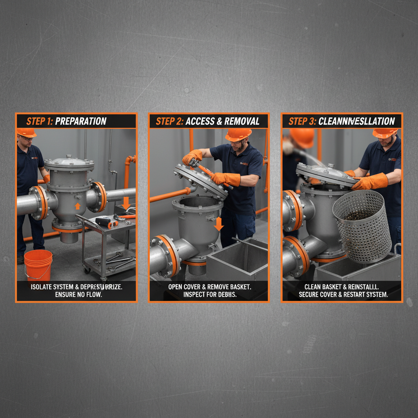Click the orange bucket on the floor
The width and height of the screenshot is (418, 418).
pyautogui.click(x=38, y=265)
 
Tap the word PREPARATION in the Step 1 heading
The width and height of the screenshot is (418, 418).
pyautogui.click(x=80, y=121)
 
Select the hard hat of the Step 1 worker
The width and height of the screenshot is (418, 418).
pyautogui.click(x=26, y=133)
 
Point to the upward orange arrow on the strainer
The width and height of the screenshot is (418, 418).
pyautogui.click(x=78, y=206)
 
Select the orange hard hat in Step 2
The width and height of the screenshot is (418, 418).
pyautogui.click(x=238, y=134)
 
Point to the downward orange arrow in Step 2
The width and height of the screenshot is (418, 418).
pyautogui.click(x=219, y=223)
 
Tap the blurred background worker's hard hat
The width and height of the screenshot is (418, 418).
pyautogui.click(x=302, y=138)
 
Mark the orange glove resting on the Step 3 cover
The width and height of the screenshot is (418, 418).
pyautogui.click(x=369, y=182)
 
